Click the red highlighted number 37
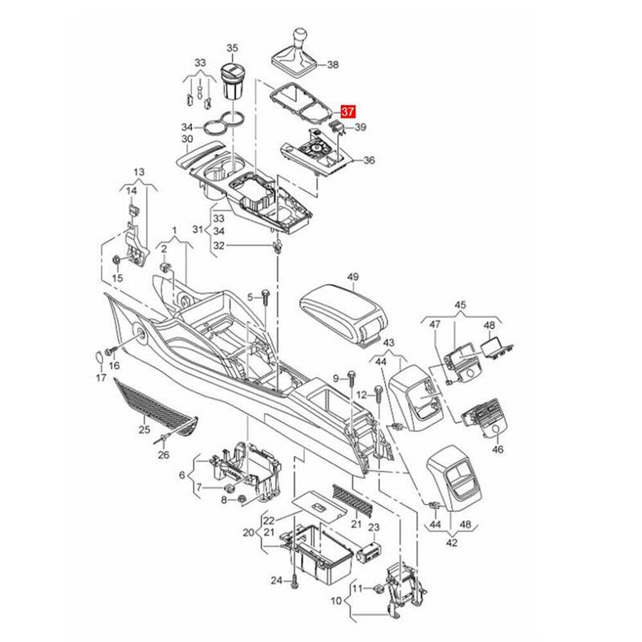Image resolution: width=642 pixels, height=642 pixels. [349, 112]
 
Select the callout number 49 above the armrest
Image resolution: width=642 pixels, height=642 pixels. [352, 277]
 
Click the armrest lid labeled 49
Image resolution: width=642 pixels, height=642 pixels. [344, 311]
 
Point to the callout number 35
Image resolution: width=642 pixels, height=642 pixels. [232, 48]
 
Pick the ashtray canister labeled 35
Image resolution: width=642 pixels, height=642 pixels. [232, 82]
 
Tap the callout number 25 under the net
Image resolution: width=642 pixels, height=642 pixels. [144, 429]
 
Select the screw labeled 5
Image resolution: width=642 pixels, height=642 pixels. [266, 298]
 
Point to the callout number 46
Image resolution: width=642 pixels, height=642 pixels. [498, 449]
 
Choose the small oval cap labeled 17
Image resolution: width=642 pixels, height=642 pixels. [98, 356]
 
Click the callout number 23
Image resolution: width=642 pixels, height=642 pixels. [374, 527]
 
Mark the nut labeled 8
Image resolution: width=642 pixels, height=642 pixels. [242, 499]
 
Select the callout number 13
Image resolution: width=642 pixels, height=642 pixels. [139, 172]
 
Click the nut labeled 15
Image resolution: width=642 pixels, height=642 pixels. [116, 259]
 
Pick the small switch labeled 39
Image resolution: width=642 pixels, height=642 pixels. [338, 126]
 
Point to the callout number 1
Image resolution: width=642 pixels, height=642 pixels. [174, 231]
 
